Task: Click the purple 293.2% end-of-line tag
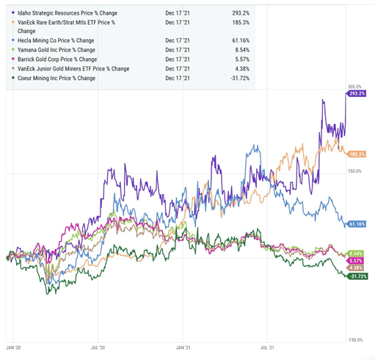tap(356, 93)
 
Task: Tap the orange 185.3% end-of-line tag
tap(356, 154)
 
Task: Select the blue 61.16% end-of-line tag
tap(356, 224)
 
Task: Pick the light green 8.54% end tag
tap(354, 253)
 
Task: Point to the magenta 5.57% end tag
tap(354, 261)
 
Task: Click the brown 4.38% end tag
tap(354, 268)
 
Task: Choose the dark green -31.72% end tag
tap(357, 276)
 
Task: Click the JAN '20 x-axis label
tap(13, 348)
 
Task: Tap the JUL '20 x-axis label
tap(98, 348)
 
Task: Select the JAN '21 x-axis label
tap(183, 348)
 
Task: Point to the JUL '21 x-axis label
tap(267, 348)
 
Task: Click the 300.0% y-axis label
tap(354, 87)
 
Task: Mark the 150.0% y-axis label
tap(354, 171)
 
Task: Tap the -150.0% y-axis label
tap(355, 340)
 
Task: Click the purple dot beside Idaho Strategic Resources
tap(13, 12)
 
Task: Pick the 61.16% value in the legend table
tap(241, 40)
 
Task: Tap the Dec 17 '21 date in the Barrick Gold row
tap(178, 60)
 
